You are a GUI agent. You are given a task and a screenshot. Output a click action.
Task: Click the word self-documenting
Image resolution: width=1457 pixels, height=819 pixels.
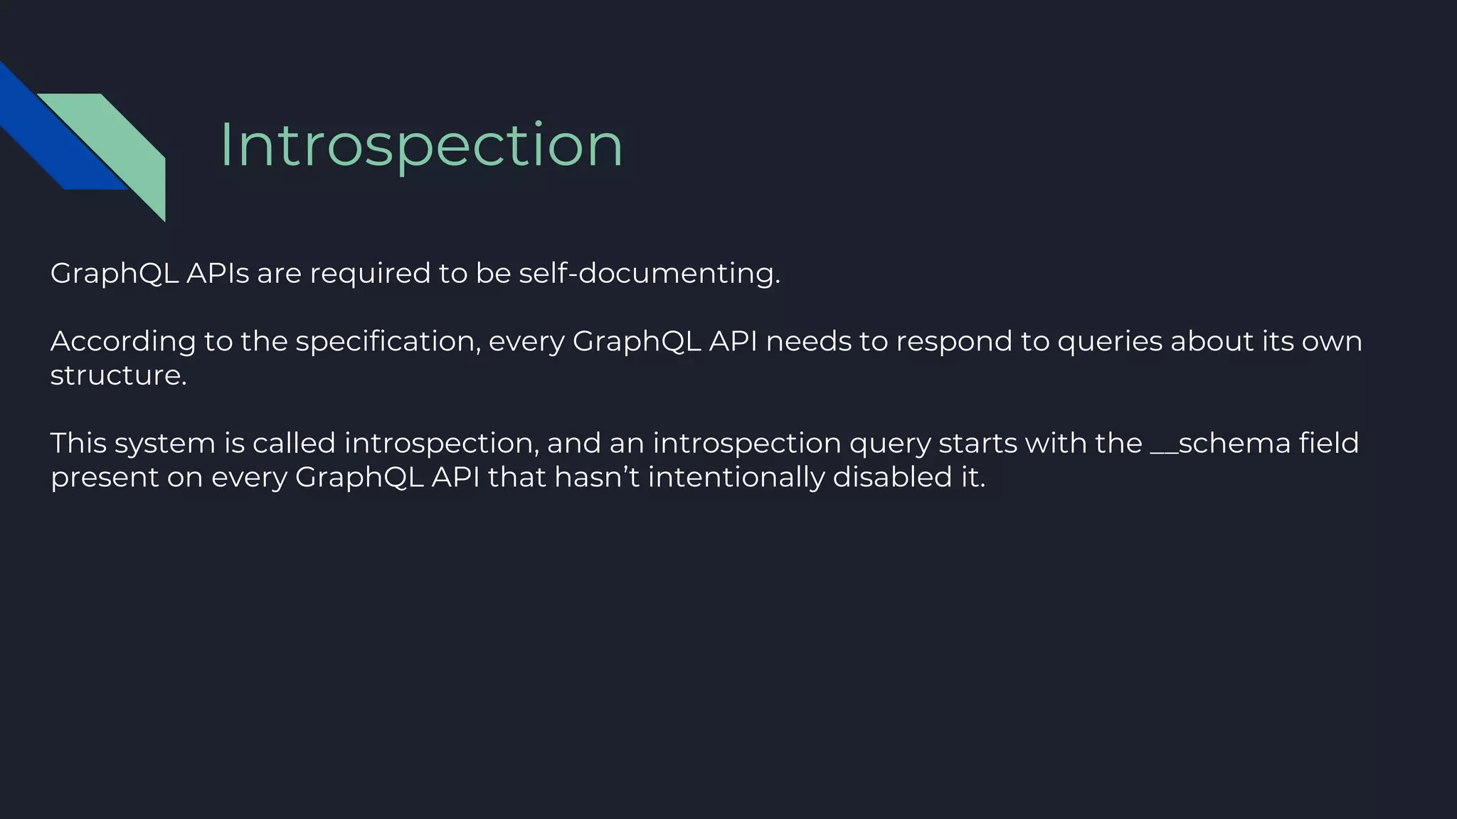(x=649, y=273)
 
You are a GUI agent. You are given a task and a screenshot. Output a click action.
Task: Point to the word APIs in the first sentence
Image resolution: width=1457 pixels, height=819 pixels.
(x=218, y=273)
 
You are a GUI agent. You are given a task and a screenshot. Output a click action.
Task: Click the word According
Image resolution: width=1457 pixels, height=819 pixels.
(x=122, y=342)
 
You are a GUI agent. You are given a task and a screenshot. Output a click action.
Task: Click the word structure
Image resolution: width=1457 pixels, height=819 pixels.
(x=118, y=375)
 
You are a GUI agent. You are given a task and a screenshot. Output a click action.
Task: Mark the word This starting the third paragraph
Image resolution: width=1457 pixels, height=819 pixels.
(x=78, y=443)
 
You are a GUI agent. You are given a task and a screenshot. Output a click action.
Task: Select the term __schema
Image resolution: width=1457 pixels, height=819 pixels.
(x=1220, y=443)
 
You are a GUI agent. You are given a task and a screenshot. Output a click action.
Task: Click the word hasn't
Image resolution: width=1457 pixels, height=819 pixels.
(x=597, y=476)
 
